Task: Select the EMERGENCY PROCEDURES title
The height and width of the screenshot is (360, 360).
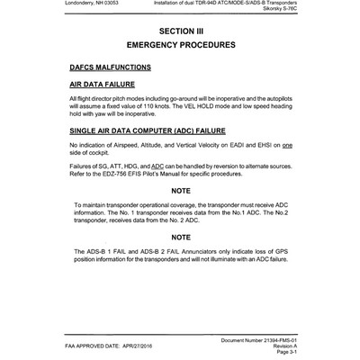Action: [x=180, y=44]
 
